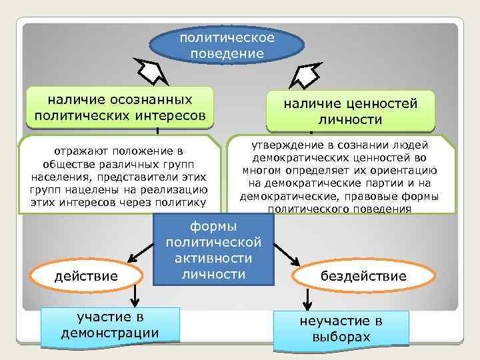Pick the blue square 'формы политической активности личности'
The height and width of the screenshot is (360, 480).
[213, 249]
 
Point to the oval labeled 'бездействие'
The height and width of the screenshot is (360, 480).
[363, 275]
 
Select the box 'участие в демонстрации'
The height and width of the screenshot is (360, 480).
[109, 325]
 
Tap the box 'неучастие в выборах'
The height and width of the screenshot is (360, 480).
[341, 329]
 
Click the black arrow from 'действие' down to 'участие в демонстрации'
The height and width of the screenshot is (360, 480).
[137, 295]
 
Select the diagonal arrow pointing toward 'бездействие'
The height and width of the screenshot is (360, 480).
[286, 252]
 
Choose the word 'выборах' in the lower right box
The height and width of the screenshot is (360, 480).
[341, 337]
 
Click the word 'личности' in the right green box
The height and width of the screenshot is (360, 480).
[350, 119]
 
